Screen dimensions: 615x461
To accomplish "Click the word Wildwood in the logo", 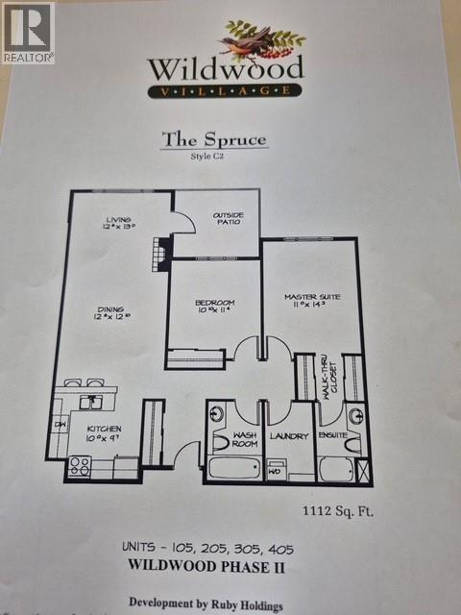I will pyautogui.click(x=226, y=68).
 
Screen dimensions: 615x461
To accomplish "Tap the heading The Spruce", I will pyautogui.click(x=213, y=139).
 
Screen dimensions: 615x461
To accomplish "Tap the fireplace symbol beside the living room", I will pyautogui.click(x=160, y=253).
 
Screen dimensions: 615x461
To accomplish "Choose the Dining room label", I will pyautogui.click(x=110, y=310).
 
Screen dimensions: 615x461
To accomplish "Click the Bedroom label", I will pyautogui.click(x=214, y=306).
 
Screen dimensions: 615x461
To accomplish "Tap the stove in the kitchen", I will pyautogui.click(x=79, y=466).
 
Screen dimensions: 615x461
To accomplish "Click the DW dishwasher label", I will pyautogui.click(x=60, y=424).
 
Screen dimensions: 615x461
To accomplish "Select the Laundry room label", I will pyautogui.click(x=288, y=436).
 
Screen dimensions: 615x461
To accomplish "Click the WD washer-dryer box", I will pyautogui.click(x=276, y=471).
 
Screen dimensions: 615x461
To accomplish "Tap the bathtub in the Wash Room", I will pyautogui.click(x=235, y=469).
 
